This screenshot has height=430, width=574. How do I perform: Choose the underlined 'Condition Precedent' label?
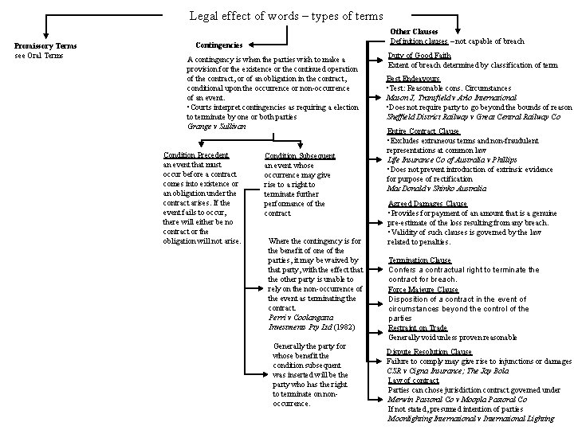tap(195, 154)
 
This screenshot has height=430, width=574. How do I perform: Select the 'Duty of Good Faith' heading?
tap(419, 56)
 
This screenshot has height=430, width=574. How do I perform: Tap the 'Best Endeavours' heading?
tap(413, 79)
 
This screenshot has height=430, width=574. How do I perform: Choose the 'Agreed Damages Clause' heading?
tap(427, 204)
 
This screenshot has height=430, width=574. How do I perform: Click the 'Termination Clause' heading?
tap(419, 260)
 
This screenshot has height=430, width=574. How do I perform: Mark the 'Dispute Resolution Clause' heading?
tap(429, 351)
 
